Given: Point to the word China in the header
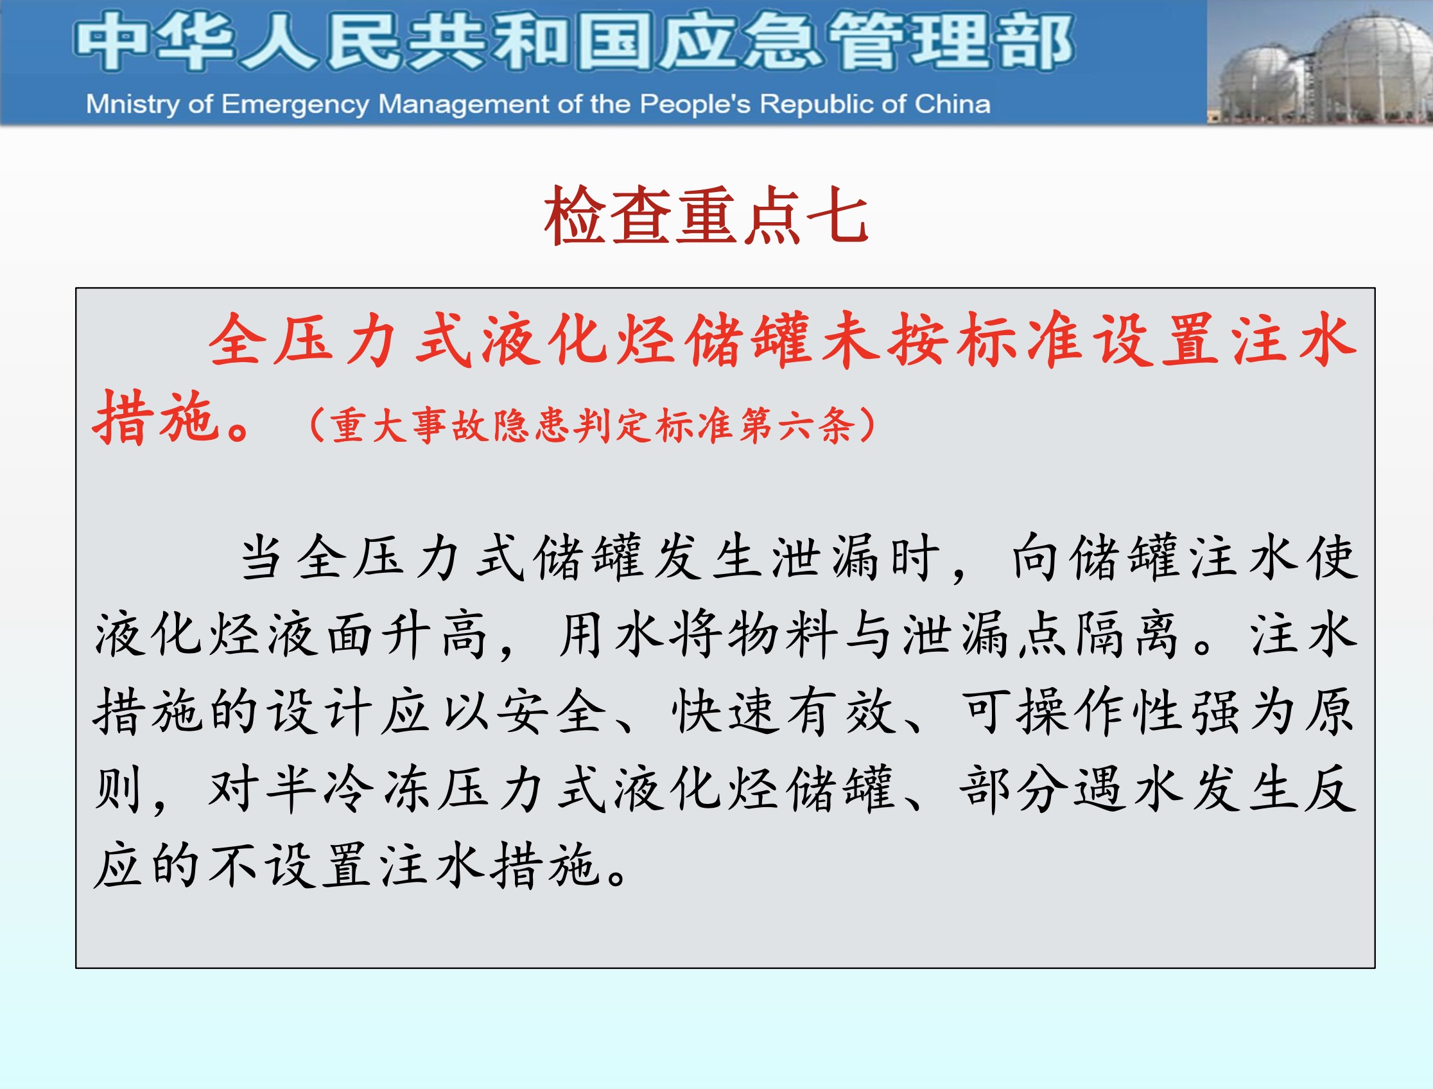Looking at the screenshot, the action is [x=953, y=104].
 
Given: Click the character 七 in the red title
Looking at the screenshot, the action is [x=838, y=215].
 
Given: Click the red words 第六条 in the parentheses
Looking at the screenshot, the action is [x=798, y=426].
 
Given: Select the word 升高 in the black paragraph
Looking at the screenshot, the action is [x=434, y=634].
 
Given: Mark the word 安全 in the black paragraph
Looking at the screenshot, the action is [x=551, y=712].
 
